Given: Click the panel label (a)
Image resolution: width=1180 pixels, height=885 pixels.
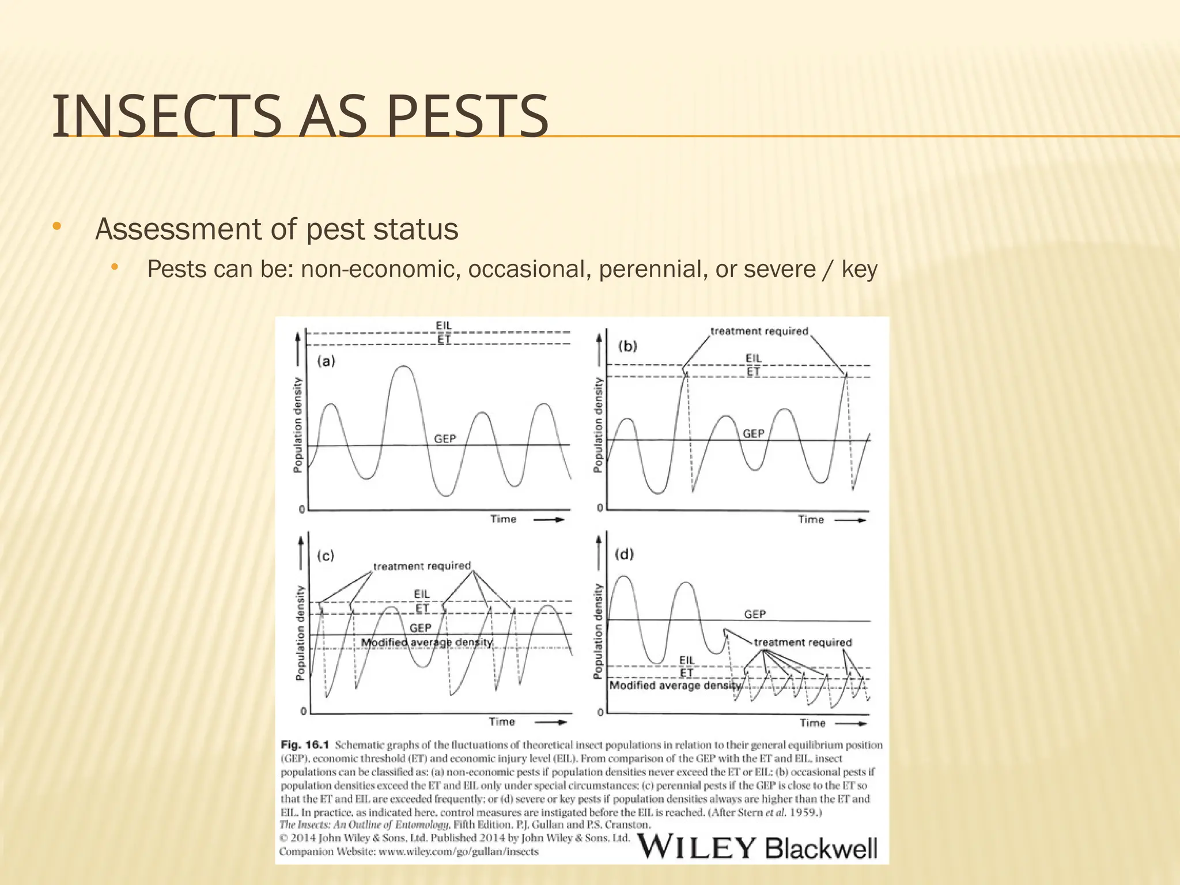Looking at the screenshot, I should [326, 362].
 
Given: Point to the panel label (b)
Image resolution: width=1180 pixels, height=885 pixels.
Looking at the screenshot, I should [627, 346].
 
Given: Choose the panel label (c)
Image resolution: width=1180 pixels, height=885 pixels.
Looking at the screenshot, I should [326, 556].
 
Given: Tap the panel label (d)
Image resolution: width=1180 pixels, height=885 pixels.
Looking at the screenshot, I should [625, 554].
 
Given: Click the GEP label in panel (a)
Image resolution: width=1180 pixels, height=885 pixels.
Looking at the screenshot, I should [445, 439].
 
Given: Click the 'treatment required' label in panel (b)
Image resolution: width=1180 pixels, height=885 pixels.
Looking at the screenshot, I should [759, 331].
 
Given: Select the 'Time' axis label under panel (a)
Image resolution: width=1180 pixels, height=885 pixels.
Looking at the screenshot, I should [503, 519].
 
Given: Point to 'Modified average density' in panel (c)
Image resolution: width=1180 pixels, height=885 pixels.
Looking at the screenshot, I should [427, 642].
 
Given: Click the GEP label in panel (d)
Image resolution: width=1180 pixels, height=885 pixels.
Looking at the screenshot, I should [755, 614].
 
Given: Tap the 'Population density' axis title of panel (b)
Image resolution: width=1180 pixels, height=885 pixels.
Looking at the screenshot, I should [599, 425].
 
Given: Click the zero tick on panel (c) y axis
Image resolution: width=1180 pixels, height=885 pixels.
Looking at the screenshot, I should [304, 712].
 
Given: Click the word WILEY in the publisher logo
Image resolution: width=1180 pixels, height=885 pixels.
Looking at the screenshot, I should [696, 848].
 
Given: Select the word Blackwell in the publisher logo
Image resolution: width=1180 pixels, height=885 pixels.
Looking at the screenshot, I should [822, 848].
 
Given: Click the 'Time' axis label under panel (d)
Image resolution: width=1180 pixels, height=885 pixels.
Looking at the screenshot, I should [812, 723].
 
